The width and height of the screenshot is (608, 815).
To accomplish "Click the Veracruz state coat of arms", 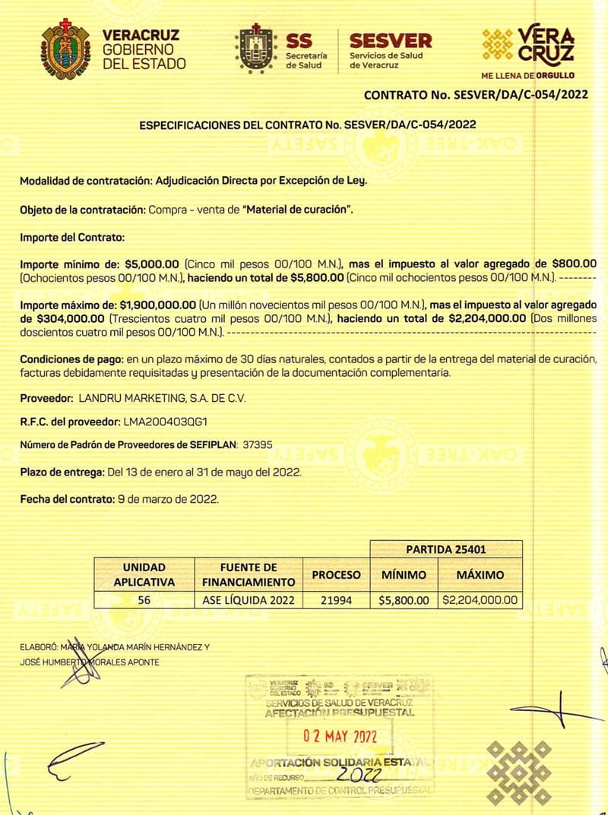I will coord(65,49).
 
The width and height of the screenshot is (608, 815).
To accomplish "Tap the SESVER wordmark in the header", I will coord(390,40).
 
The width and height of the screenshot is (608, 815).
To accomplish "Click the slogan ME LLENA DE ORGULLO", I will coord(527,75).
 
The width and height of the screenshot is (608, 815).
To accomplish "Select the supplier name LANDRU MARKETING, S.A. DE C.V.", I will coord(163,398).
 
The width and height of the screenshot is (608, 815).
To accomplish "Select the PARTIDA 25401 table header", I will coord(446,548).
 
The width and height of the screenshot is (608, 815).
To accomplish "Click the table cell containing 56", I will coord(144,600).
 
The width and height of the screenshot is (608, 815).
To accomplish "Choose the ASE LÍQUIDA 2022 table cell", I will coord(248,600).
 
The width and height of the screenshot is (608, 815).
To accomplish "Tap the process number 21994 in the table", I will coord(336,600).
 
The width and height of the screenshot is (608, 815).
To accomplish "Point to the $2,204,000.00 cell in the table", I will coord(480,600).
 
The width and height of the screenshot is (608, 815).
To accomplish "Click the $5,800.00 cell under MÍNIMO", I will coord(404,600).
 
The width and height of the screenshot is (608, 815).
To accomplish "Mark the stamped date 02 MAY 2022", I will coord(340,736).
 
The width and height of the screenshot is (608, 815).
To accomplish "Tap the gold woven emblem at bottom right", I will coord(520,772).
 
